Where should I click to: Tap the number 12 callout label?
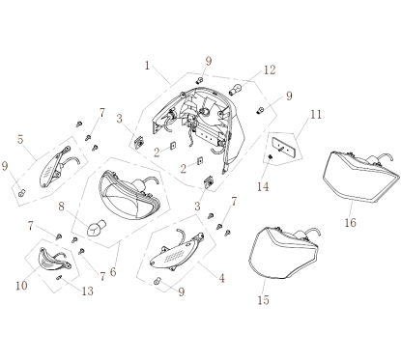pyautogui.click(x=271, y=69)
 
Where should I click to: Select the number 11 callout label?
pyautogui.click(x=313, y=115)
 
